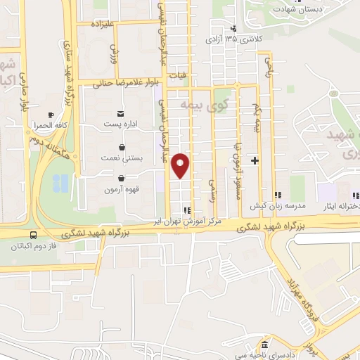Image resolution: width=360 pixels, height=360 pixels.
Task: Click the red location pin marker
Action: point(181,165)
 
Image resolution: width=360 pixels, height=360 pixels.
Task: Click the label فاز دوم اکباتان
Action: point(33,247)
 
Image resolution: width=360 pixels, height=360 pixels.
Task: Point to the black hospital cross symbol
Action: point(255,161)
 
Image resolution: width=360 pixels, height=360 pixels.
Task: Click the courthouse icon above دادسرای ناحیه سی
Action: point(264,345)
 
